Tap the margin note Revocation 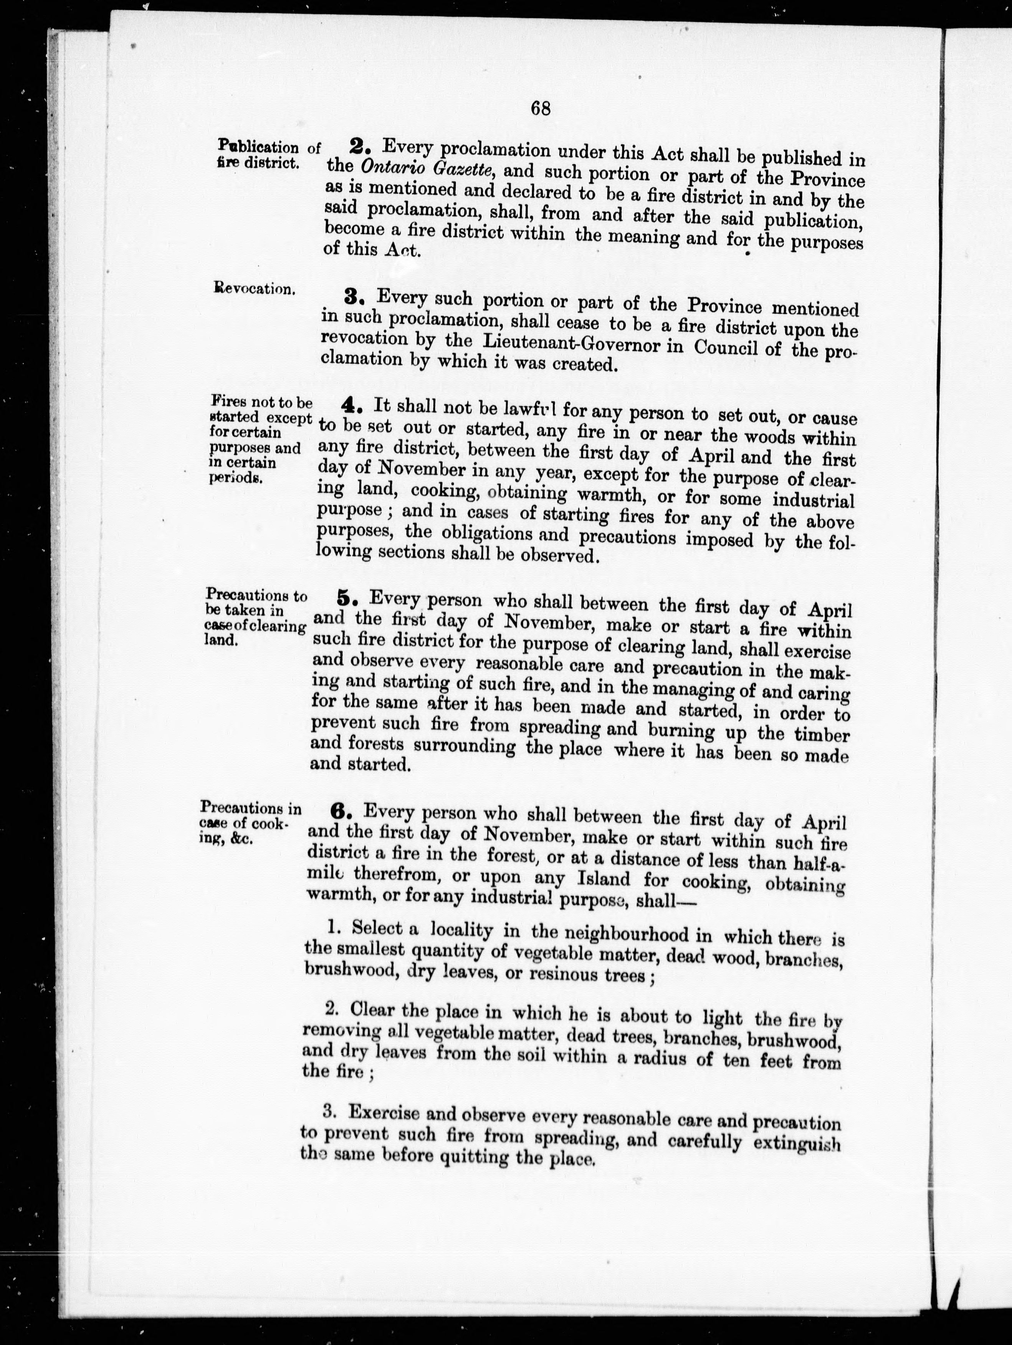[x=254, y=288]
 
